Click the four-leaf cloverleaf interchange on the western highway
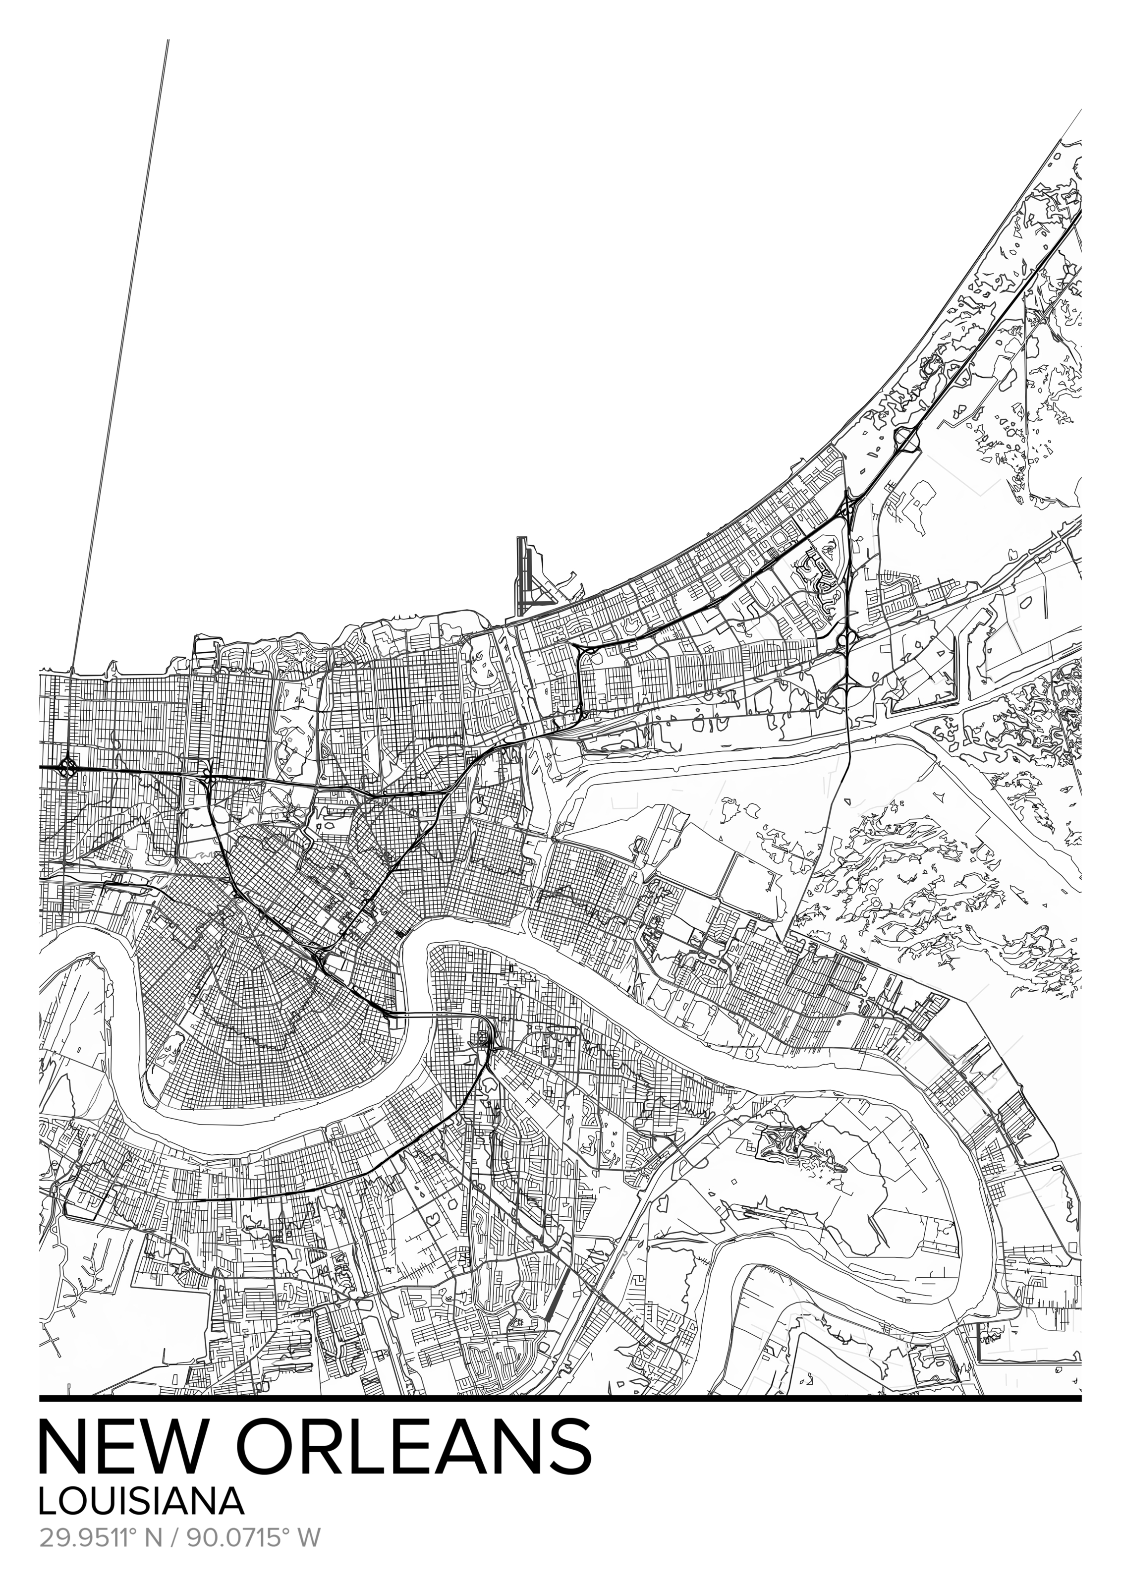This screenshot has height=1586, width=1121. (67, 767)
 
